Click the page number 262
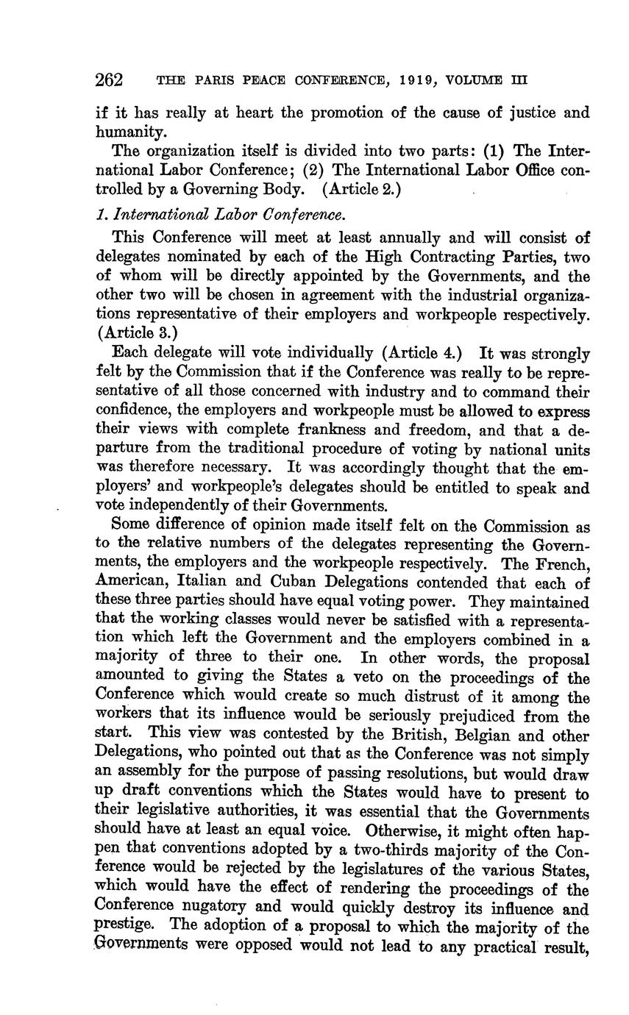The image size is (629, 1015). click(109, 79)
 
